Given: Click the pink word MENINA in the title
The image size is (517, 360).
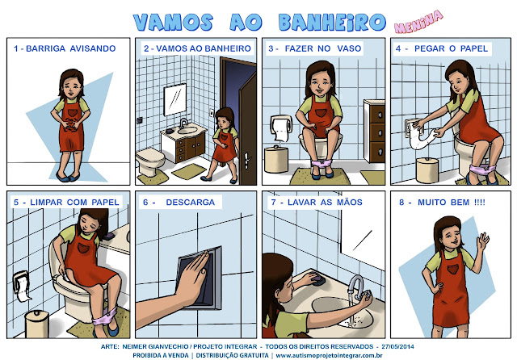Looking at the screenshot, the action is [x=418, y=22].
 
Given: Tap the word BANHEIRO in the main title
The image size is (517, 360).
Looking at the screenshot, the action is [x=332, y=22].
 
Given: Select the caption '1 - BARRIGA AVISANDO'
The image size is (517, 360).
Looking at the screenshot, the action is [x=65, y=48].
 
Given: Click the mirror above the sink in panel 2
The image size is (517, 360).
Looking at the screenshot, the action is [x=175, y=99].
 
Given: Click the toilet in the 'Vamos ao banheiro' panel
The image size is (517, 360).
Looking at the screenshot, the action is [x=150, y=161].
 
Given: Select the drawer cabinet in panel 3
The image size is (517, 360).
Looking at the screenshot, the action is [x=374, y=131].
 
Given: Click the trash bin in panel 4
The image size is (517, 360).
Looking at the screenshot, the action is [x=427, y=170].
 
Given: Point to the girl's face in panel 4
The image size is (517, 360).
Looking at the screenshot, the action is [x=457, y=82].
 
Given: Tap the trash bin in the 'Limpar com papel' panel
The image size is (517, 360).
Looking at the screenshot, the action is [x=37, y=324].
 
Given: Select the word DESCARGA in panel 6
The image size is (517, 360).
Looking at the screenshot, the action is [x=191, y=203].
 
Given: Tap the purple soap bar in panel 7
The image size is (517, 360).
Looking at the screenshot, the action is [x=318, y=280].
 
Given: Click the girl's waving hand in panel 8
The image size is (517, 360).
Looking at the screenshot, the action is [x=482, y=242].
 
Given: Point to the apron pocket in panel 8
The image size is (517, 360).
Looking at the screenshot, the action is [x=453, y=269].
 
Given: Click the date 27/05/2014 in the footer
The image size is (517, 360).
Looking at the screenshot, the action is [x=397, y=346].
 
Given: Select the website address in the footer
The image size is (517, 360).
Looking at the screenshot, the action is [x=329, y=356].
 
